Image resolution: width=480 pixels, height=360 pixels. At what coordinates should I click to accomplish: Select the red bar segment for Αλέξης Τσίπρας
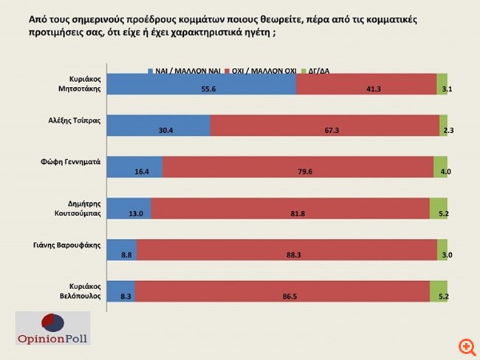click(325, 126)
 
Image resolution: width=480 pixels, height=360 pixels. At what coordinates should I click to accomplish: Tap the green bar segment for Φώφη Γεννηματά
click(440, 167)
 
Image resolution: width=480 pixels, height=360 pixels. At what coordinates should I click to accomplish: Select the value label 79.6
click(298, 171)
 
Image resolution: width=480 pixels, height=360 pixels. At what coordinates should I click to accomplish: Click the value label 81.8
click(290, 212)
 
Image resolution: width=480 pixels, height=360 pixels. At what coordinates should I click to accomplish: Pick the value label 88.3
click(287, 254)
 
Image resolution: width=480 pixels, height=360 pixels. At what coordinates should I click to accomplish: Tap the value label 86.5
click(283, 295)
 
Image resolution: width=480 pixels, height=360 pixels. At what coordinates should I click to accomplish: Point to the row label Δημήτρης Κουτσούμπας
click(74, 209)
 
